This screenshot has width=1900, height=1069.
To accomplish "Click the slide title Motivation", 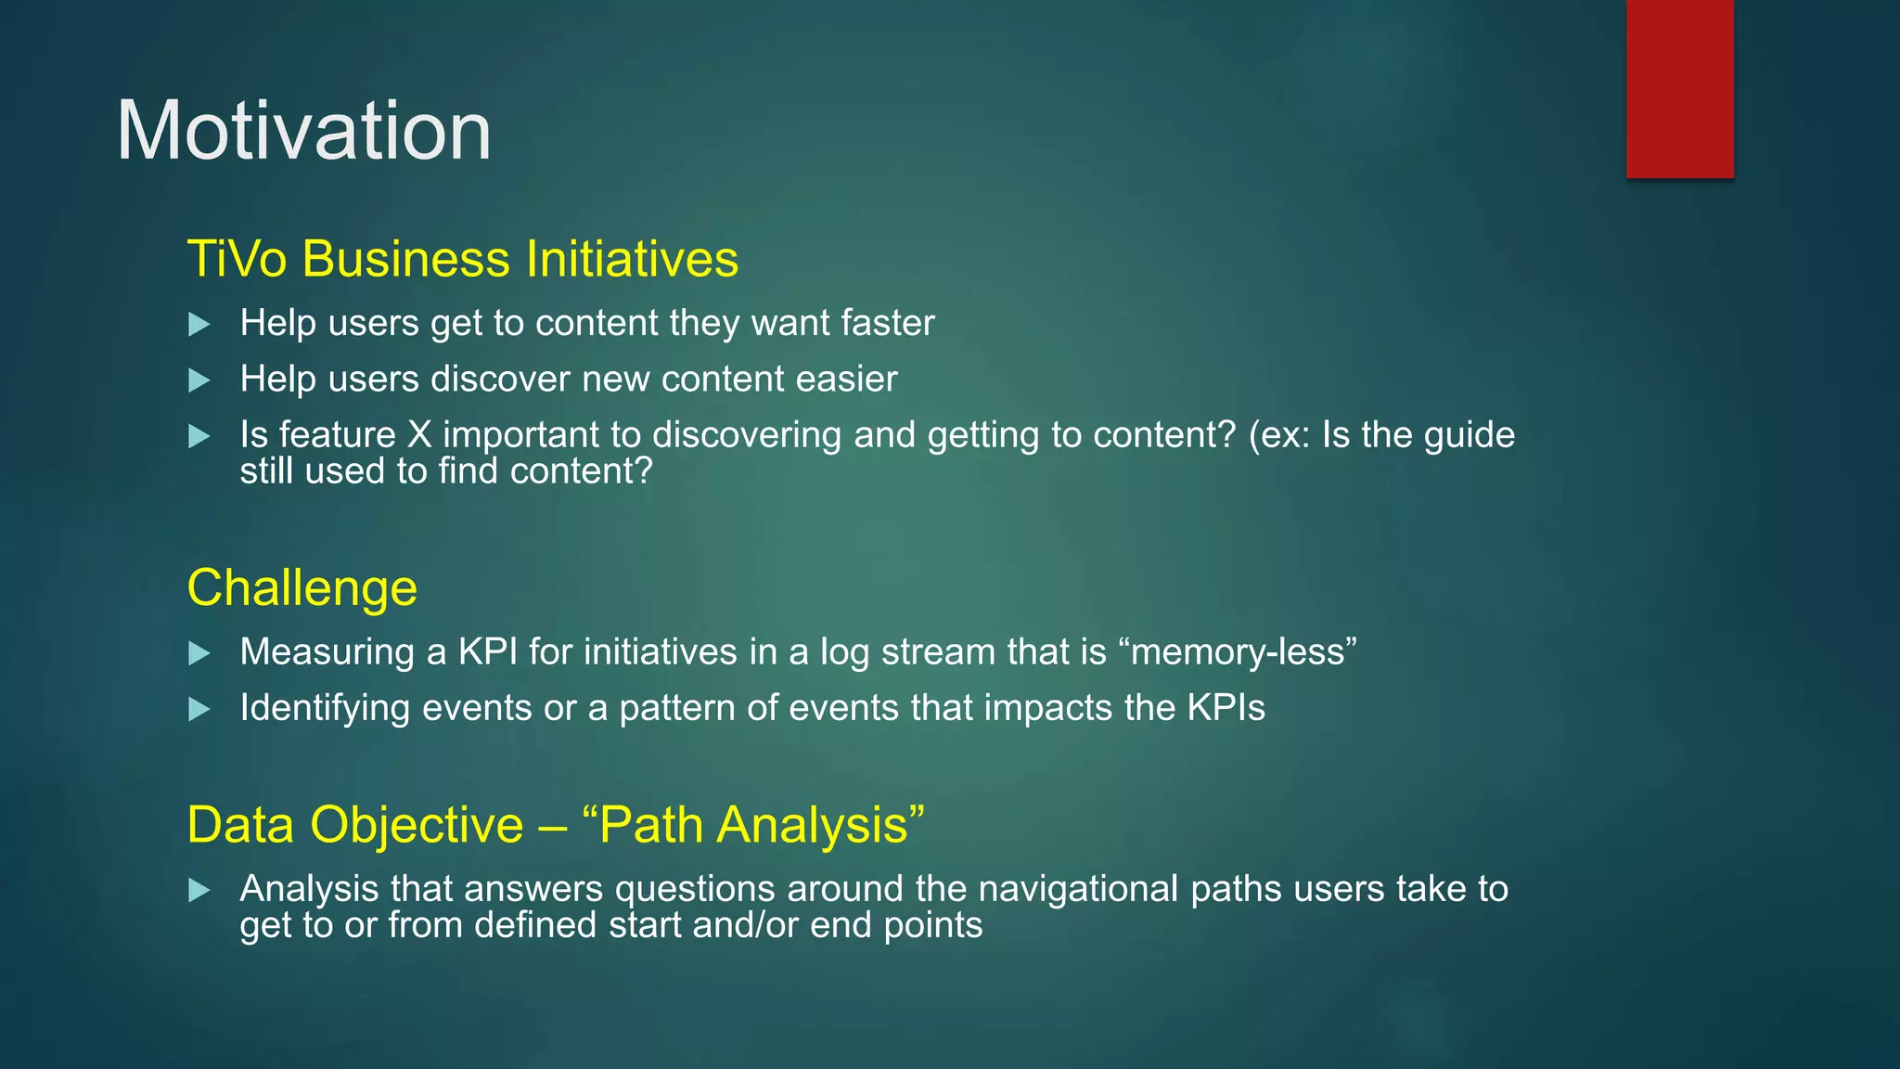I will (303, 131).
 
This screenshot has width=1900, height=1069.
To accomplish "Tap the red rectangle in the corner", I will (1679, 88).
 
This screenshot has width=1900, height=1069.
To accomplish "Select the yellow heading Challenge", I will (302, 588).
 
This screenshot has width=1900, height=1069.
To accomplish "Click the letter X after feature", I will (419, 435).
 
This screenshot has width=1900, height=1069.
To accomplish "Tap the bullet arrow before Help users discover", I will (199, 380).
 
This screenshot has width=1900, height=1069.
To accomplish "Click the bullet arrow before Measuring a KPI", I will (199, 653).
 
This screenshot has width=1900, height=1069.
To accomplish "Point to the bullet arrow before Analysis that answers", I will (199, 891).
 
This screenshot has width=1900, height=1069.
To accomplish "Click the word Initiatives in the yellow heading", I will (632, 259).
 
